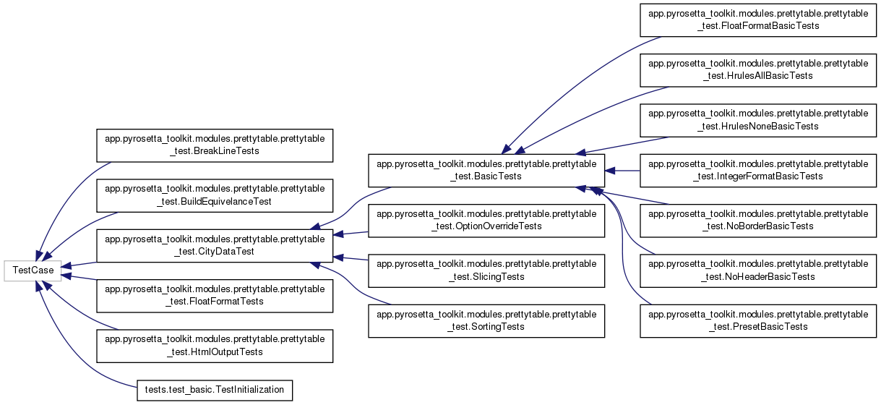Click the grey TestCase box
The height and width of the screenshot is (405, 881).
pyautogui.click(x=33, y=270)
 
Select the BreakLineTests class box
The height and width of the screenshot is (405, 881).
pyautogui.click(x=215, y=145)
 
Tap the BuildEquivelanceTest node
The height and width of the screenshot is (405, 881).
pyautogui.click(x=215, y=195)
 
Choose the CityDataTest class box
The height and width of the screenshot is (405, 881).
pyautogui.click(x=215, y=245)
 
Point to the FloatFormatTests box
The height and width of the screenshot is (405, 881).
pyautogui.click(x=215, y=296)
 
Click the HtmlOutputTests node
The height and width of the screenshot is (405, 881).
pyautogui.click(x=215, y=346)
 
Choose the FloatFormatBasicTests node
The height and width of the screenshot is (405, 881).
pyautogui.click(x=758, y=20)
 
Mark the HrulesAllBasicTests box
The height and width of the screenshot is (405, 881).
pyautogui.click(x=758, y=69)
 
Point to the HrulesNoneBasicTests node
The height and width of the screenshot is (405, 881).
pyautogui.click(x=758, y=120)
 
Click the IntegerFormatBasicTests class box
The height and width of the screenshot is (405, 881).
pyautogui.click(x=758, y=170)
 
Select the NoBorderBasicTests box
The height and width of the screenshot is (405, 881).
pyautogui.click(x=758, y=221)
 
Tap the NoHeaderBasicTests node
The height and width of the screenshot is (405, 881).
pyautogui.click(x=758, y=270)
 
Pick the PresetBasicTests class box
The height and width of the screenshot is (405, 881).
pyautogui.click(x=758, y=321)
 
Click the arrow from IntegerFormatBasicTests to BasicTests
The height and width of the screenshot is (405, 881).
pyautogui.click(x=623, y=171)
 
